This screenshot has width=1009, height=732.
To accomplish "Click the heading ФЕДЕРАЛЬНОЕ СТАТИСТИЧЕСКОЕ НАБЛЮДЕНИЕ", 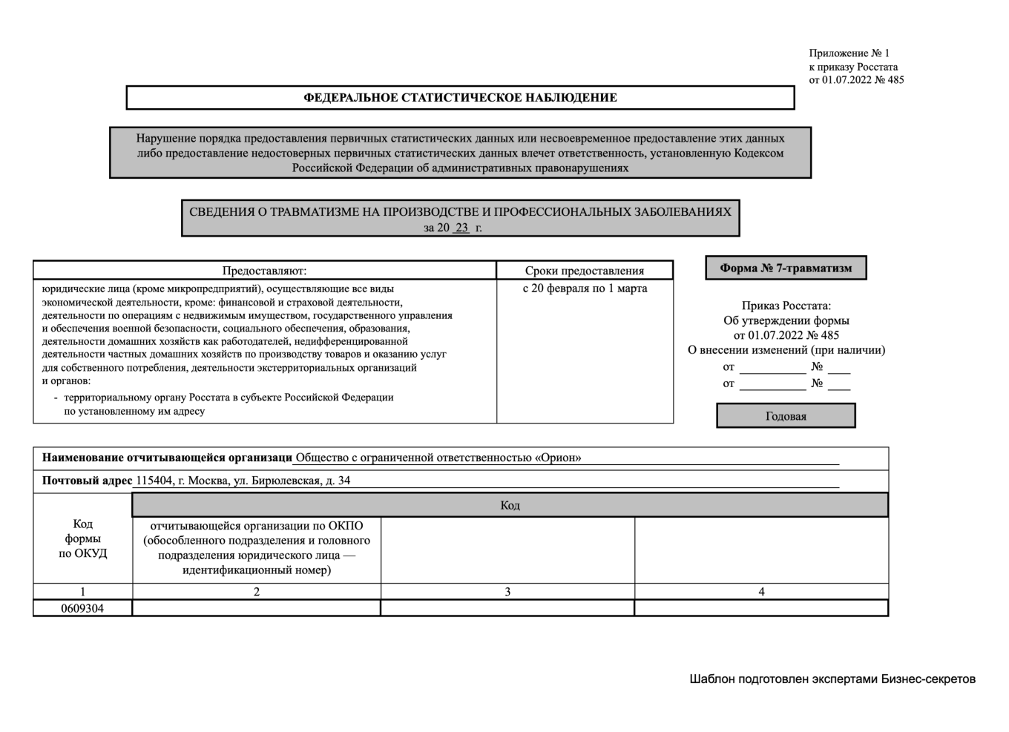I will (460, 98).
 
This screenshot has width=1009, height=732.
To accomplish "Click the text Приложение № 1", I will (849, 53).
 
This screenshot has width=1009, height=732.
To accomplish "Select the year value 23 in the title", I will (461, 228).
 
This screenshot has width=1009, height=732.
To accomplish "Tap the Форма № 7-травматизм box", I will (786, 268).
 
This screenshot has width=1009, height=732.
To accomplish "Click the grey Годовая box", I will (786, 416).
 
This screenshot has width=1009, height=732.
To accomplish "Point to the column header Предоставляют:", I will (264, 271).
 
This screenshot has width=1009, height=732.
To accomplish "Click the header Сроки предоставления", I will (585, 271).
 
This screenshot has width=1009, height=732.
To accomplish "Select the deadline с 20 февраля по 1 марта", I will (585, 288).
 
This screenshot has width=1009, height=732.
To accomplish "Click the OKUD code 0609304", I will (82, 608).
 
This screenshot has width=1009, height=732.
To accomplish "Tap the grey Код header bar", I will (510, 505).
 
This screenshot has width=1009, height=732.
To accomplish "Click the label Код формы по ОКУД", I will (82, 538).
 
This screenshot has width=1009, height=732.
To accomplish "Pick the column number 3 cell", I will (507, 592).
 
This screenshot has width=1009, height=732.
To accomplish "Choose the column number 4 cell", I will (761, 592).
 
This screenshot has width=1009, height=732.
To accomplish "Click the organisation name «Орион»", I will (558, 458).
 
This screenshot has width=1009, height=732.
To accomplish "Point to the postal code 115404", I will (153, 481).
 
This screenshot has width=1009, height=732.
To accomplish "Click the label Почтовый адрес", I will (87, 481).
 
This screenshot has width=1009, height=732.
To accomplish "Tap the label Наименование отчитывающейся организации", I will (167, 458).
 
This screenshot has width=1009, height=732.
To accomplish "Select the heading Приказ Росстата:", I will (786, 306).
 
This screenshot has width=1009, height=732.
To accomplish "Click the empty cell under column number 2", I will (256, 608).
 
